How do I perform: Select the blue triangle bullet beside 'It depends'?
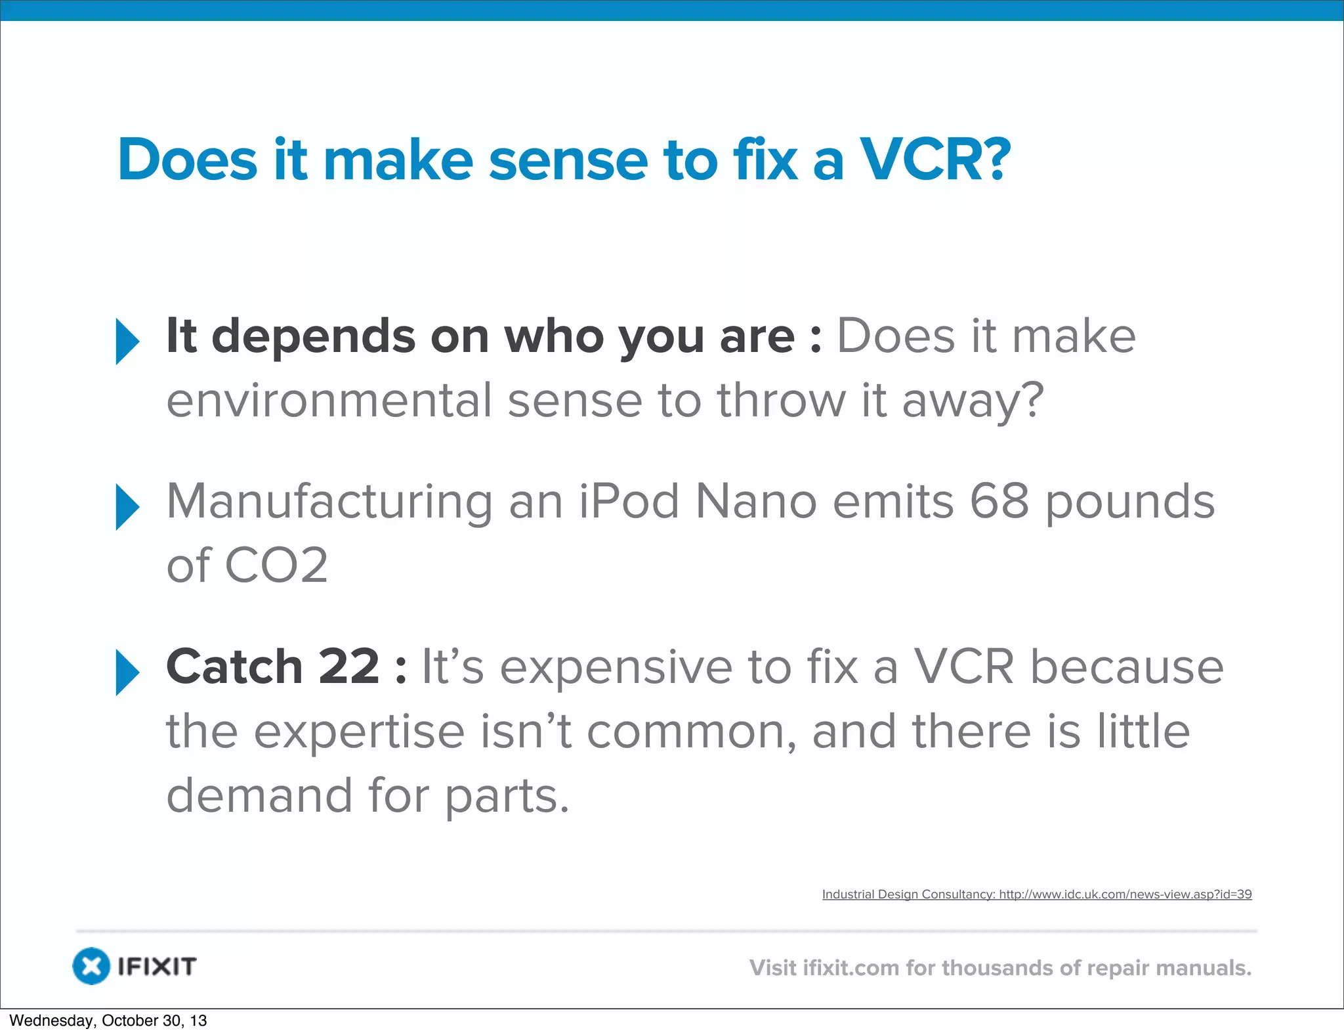click(x=127, y=341)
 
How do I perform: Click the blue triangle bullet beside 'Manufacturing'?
click(x=127, y=506)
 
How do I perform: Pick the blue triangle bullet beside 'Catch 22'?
click(x=127, y=672)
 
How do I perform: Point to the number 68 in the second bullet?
click(x=999, y=501)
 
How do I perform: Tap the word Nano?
click(x=755, y=501)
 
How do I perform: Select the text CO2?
click(x=276, y=565)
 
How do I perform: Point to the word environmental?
click(x=329, y=401)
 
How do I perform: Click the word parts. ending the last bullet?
click(x=507, y=796)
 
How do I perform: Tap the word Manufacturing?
click(x=329, y=501)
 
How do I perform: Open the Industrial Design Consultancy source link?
click(x=1037, y=894)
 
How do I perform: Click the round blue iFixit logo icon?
click(x=91, y=966)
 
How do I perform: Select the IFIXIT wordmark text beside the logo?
click(x=157, y=967)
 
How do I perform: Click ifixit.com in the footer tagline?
click(x=850, y=968)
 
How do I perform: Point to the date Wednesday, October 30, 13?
click(x=108, y=1021)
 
